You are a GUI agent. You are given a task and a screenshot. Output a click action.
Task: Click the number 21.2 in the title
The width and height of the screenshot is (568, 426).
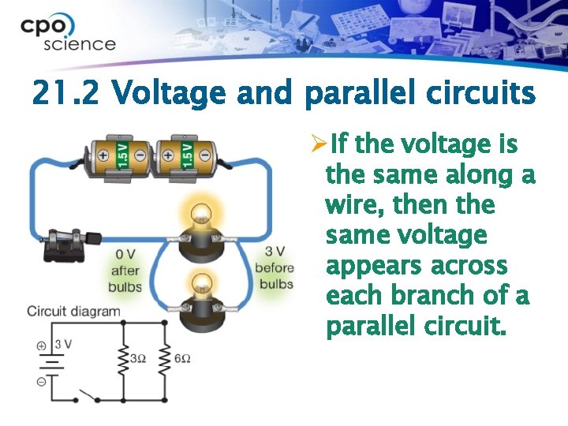point(65,94)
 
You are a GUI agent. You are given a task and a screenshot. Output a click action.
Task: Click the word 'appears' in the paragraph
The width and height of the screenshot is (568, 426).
point(371,266)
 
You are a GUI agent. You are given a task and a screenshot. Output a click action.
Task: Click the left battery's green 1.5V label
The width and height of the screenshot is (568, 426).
point(123,155)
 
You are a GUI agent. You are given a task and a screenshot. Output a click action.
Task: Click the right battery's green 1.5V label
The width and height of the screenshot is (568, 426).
point(188,155)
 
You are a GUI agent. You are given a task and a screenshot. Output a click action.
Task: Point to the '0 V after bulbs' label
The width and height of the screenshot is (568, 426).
point(125,271)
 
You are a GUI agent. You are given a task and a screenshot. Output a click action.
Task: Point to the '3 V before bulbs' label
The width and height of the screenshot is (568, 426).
point(275,267)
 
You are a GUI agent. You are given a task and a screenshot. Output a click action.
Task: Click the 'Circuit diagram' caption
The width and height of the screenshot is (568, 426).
point(73,311)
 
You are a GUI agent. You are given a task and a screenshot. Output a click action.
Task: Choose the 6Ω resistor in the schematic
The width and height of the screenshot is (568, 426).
point(165,359)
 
